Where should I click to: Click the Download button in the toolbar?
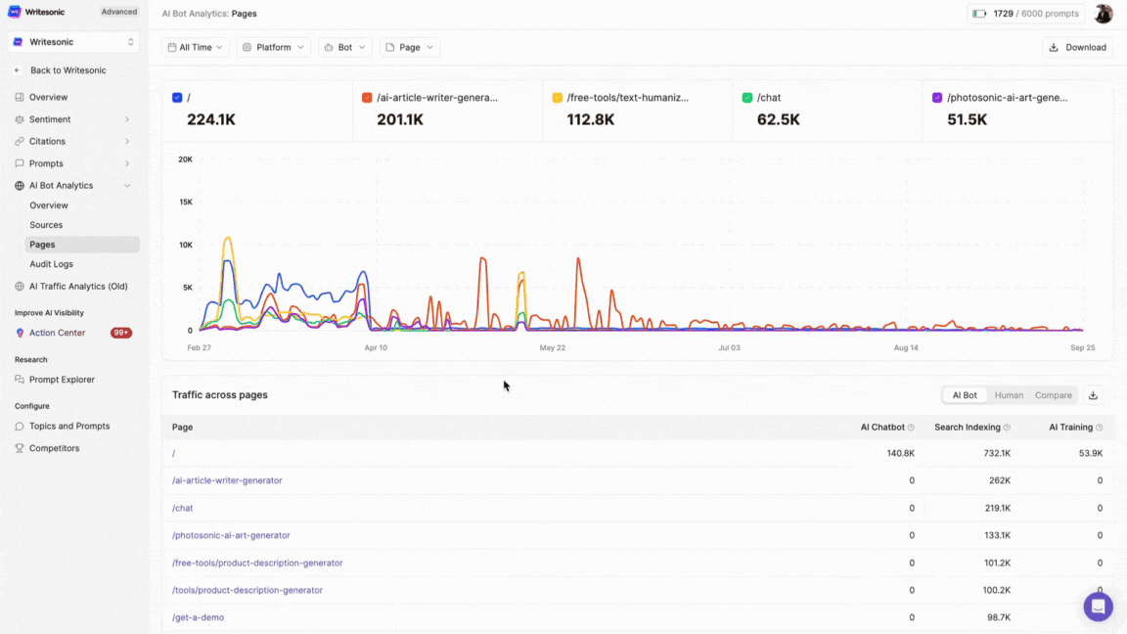click(1079, 47)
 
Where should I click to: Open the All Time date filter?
click(196, 47)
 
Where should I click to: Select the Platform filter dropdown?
click(273, 47)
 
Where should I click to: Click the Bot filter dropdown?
click(345, 47)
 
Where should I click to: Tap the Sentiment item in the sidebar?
click(50, 119)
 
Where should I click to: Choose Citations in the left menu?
click(47, 141)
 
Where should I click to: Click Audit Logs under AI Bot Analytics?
click(51, 264)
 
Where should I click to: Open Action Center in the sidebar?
click(57, 333)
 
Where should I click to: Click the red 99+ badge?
click(121, 333)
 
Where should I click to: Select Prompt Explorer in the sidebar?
click(62, 380)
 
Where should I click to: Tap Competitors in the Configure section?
click(54, 448)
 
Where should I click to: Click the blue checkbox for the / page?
click(177, 98)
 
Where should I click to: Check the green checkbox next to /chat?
click(747, 98)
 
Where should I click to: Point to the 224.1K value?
click(211, 119)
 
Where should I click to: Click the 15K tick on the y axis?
click(185, 202)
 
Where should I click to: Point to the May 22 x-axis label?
click(553, 347)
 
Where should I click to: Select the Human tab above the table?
click(1009, 395)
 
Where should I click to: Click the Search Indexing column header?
click(967, 428)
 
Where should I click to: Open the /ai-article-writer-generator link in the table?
click(227, 480)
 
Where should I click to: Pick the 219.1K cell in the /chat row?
click(997, 508)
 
